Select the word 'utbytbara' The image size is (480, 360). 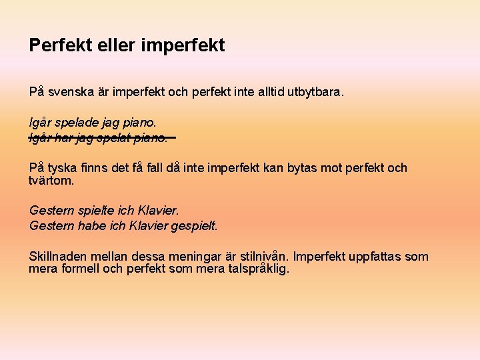[x=315, y=91]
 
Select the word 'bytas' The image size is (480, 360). [x=305, y=168]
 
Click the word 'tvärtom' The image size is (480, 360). [x=51, y=181]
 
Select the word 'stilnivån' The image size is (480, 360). [x=263, y=257]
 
